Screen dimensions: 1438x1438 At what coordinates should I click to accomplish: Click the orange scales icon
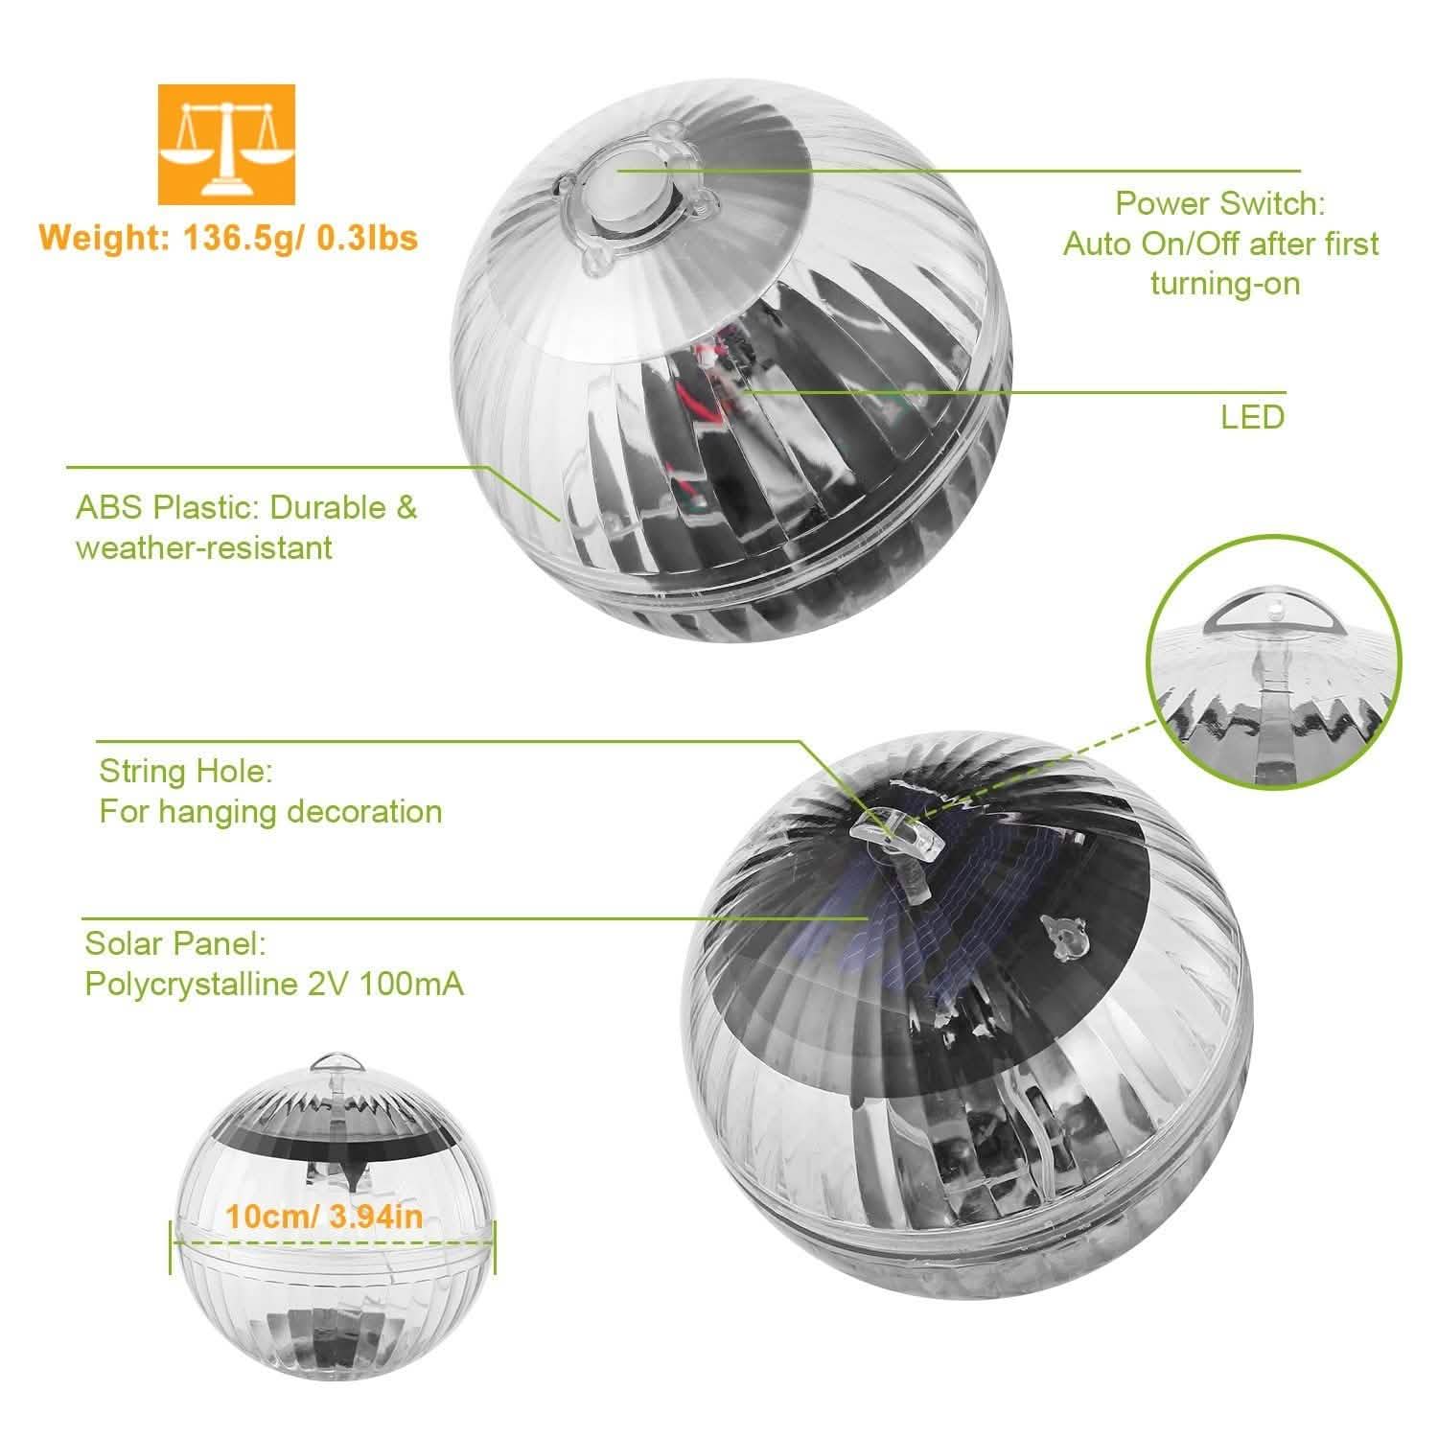click(x=226, y=145)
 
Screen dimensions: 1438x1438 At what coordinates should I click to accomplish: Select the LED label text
click(x=1252, y=417)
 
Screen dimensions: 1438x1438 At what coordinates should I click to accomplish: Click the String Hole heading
click(x=186, y=771)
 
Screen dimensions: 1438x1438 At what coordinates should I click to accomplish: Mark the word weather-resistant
click(x=204, y=547)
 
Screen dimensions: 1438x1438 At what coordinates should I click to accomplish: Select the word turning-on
click(x=1224, y=284)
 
